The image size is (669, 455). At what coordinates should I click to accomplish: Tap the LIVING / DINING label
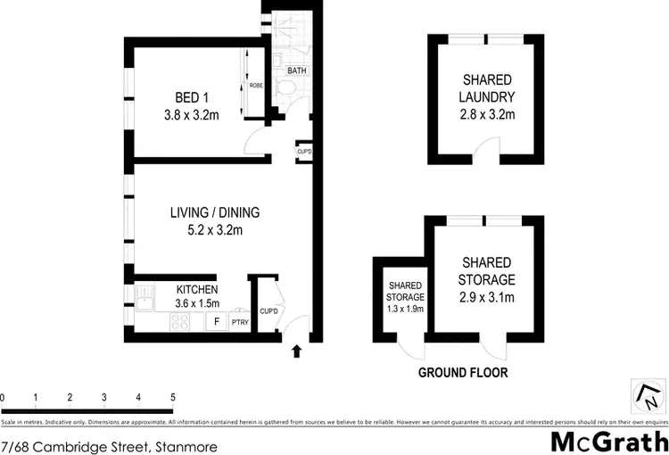pos(214,212)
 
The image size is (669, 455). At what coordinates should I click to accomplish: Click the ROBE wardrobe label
pos(256,87)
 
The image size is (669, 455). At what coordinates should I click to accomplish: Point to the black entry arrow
pos(297,352)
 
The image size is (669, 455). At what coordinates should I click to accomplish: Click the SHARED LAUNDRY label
pos(488,87)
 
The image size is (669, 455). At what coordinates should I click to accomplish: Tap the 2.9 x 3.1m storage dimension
pos(487,297)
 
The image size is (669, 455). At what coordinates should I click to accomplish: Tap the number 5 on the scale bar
pos(172,397)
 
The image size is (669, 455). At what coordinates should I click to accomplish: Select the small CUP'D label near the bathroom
pos(304,152)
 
